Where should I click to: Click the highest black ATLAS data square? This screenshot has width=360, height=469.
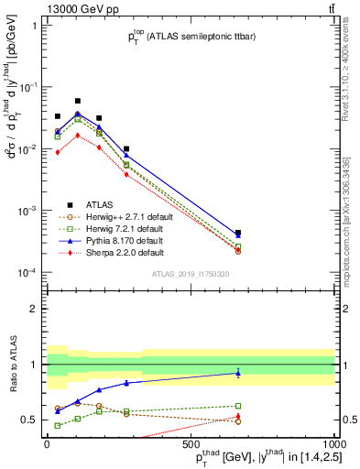point(78,101)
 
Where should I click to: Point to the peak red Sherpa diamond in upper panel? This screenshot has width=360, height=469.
point(78,136)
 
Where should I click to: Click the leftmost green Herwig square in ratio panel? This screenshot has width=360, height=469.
point(58,425)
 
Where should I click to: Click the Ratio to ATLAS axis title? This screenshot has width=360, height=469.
point(13,366)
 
